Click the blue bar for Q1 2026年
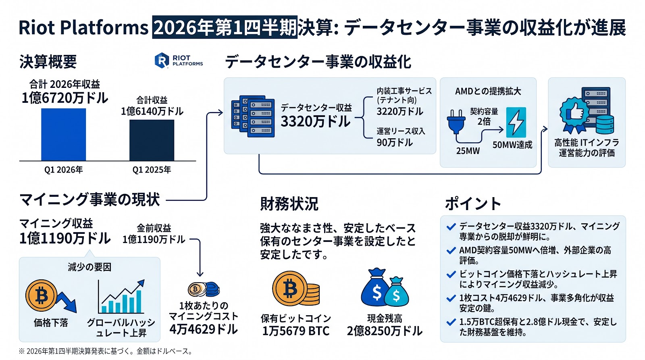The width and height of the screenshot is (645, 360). (x=63, y=135)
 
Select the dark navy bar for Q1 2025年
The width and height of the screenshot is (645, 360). (x=152, y=140)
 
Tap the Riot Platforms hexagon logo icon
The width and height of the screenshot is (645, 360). (x=162, y=60)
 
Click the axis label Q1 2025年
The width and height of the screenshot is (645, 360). (x=152, y=170)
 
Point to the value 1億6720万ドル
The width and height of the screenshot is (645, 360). (x=65, y=98)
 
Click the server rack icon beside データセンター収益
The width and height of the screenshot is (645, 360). (x=253, y=116)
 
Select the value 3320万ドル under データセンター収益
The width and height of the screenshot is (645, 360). (x=316, y=121)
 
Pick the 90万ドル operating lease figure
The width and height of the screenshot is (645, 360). (x=395, y=142)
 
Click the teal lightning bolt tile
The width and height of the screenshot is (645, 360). (x=516, y=123)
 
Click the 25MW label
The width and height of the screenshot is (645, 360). (x=468, y=151)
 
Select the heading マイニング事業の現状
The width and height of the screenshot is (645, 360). (x=89, y=200)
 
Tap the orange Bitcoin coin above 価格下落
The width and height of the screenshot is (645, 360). (x=42, y=295)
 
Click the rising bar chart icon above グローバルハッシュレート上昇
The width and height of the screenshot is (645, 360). (x=121, y=296)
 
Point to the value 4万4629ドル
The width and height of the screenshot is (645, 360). (x=204, y=329)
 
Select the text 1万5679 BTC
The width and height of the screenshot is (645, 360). (x=296, y=331)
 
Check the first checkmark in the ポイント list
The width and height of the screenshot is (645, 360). (x=451, y=227)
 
